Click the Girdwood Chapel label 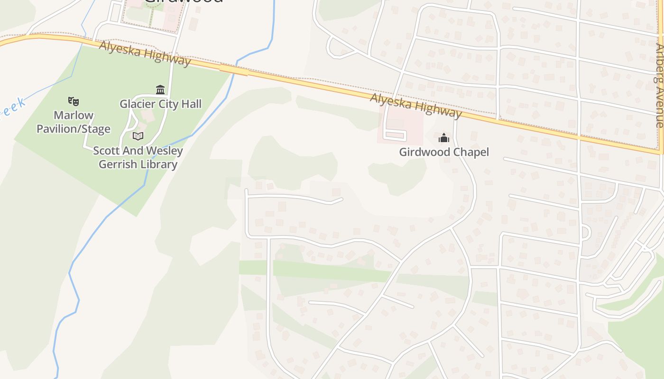(443, 152)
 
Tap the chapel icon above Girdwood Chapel (444, 138)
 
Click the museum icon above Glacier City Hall (160, 90)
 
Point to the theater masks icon (74, 101)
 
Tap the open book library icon (138, 136)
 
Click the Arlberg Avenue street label (659, 85)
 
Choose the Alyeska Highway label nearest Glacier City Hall (145, 53)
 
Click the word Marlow (74, 115)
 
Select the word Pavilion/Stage (74, 129)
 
